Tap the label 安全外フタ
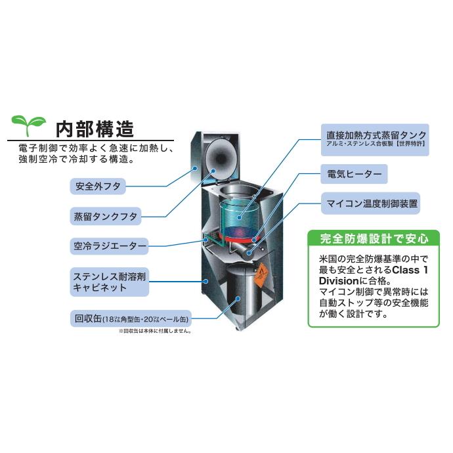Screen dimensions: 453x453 tap(98, 186)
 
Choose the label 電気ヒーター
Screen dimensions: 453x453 tap(353, 175)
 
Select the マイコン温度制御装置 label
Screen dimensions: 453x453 tap(371, 204)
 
